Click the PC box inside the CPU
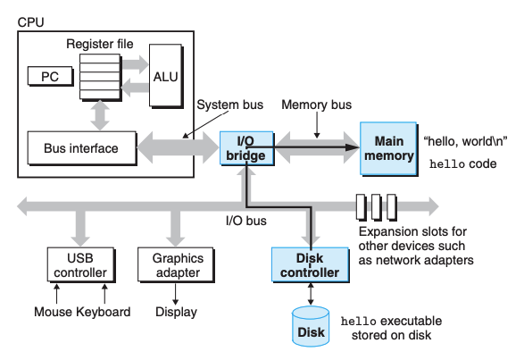pyautogui.click(x=51, y=76)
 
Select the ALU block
pyautogui.click(x=166, y=76)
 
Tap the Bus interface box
pyautogui.click(x=82, y=148)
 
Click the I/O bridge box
pyautogui.click(x=247, y=148)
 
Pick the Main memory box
pyautogui.click(x=388, y=148)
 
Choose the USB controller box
pyautogui.click(x=81, y=265)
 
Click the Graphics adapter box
pyautogui.click(x=176, y=265)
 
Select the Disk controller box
pyautogui.click(x=311, y=265)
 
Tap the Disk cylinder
pyautogui.click(x=311, y=326)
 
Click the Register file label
pyautogui.click(x=100, y=44)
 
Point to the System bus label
pyautogui.click(x=230, y=105)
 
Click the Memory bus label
pyautogui.click(x=317, y=105)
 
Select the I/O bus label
pyautogui.click(x=246, y=221)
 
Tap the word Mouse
pyautogui.click(x=54, y=312)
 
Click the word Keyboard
pyautogui.click(x=104, y=312)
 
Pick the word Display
pyautogui.click(x=176, y=312)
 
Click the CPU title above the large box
pyautogui.click(x=30, y=22)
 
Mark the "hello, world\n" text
pyautogui.click(x=465, y=141)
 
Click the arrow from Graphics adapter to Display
pyautogui.click(x=176, y=294)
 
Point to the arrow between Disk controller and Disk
pyautogui.click(x=311, y=294)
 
